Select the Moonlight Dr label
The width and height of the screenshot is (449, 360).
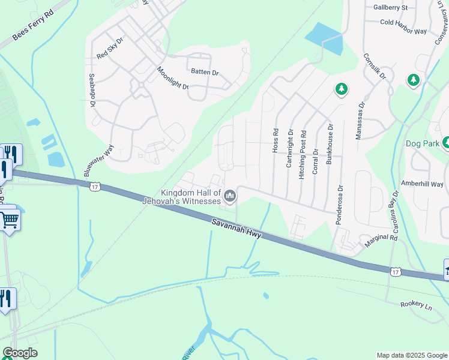coord(173,78)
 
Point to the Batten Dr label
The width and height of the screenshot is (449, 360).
coord(205,72)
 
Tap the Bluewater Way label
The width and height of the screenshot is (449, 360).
coord(100,160)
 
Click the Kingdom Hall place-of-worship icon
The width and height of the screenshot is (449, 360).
coord(230,196)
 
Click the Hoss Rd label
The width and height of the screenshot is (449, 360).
coord(276,140)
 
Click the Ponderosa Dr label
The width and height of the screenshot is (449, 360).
coord(339,205)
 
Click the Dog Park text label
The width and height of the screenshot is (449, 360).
coord(423,143)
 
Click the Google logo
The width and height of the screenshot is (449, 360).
coord(20,353)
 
